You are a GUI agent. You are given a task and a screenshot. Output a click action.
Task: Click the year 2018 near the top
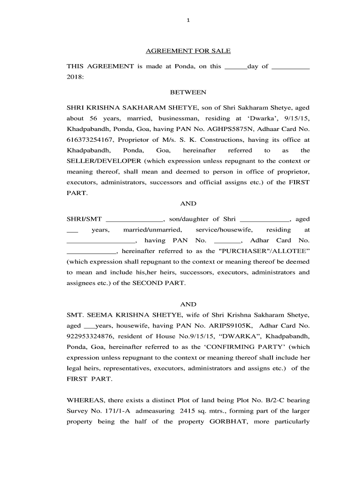click(x=74, y=77)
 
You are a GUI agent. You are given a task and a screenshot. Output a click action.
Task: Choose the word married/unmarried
click(x=152, y=230)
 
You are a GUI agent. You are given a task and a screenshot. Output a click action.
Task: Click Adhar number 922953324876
click(x=90, y=336)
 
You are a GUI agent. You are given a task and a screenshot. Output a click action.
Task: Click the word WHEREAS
click(x=86, y=400)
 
